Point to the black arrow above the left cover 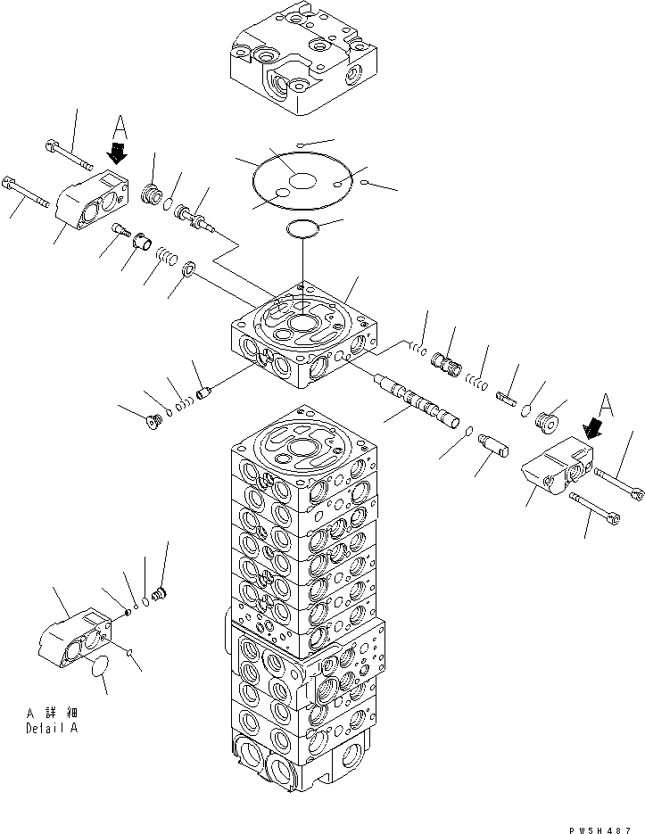point(116,153)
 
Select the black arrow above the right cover point(590,430)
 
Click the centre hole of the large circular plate point(303,181)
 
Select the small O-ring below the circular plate point(303,231)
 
